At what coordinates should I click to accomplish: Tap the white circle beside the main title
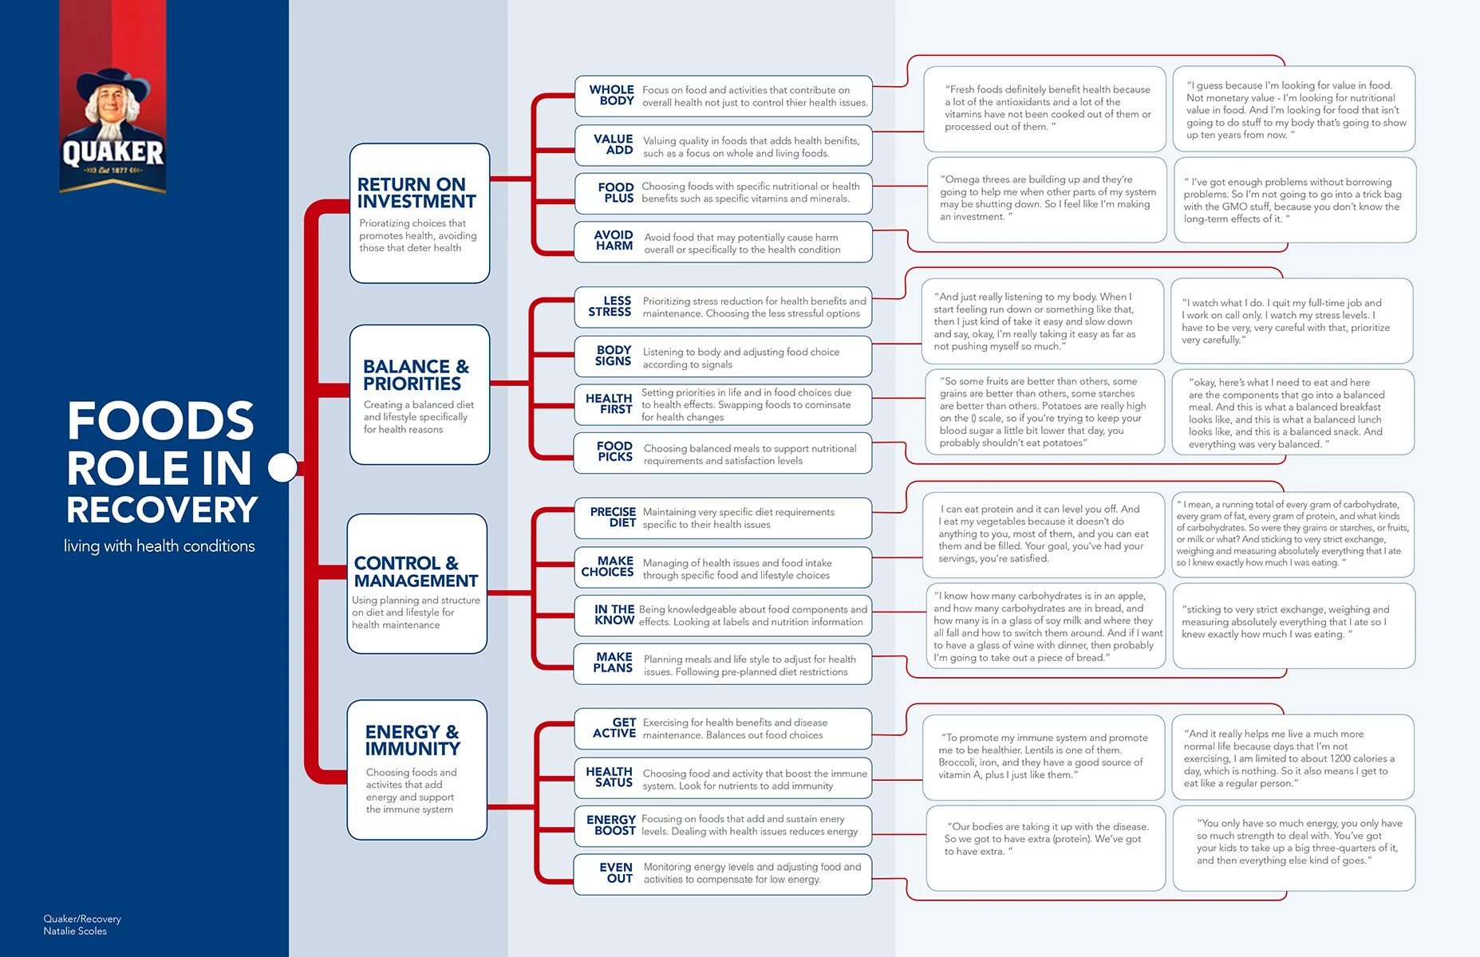point(282,467)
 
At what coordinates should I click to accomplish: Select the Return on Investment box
point(419,213)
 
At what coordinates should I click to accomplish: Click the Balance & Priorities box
point(419,395)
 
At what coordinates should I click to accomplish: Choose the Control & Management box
point(416,584)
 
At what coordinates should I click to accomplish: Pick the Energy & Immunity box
point(416,770)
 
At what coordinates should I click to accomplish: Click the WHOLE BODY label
point(612,96)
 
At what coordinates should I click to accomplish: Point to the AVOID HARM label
point(614,241)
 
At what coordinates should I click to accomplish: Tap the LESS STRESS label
point(610,306)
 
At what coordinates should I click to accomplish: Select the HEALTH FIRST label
point(609,404)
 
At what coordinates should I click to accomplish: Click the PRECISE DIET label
point(613,518)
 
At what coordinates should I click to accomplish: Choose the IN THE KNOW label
point(614,615)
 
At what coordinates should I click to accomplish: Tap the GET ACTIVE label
point(614,728)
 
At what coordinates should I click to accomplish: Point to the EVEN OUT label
point(616,873)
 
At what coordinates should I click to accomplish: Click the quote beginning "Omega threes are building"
point(1047,199)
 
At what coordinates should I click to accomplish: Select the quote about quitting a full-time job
point(1291,321)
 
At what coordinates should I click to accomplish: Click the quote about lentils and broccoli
point(1044,756)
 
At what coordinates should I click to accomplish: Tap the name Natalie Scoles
point(75,931)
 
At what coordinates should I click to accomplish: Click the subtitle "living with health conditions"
point(160,546)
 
